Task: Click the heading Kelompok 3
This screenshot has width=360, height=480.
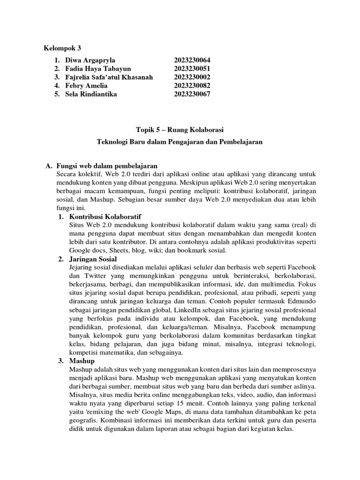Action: [63, 48]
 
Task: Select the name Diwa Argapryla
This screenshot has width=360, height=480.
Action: [90, 60]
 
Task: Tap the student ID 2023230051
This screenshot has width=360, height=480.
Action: [192, 69]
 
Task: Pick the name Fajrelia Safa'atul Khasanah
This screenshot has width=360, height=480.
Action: [109, 77]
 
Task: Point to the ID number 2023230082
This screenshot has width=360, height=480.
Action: [192, 86]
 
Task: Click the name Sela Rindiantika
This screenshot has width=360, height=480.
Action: [91, 94]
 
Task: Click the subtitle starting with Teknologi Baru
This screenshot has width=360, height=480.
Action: [180, 142]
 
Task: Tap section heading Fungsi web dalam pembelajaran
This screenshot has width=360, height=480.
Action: [107, 166]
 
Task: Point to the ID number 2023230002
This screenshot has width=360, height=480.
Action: [192, 77]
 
